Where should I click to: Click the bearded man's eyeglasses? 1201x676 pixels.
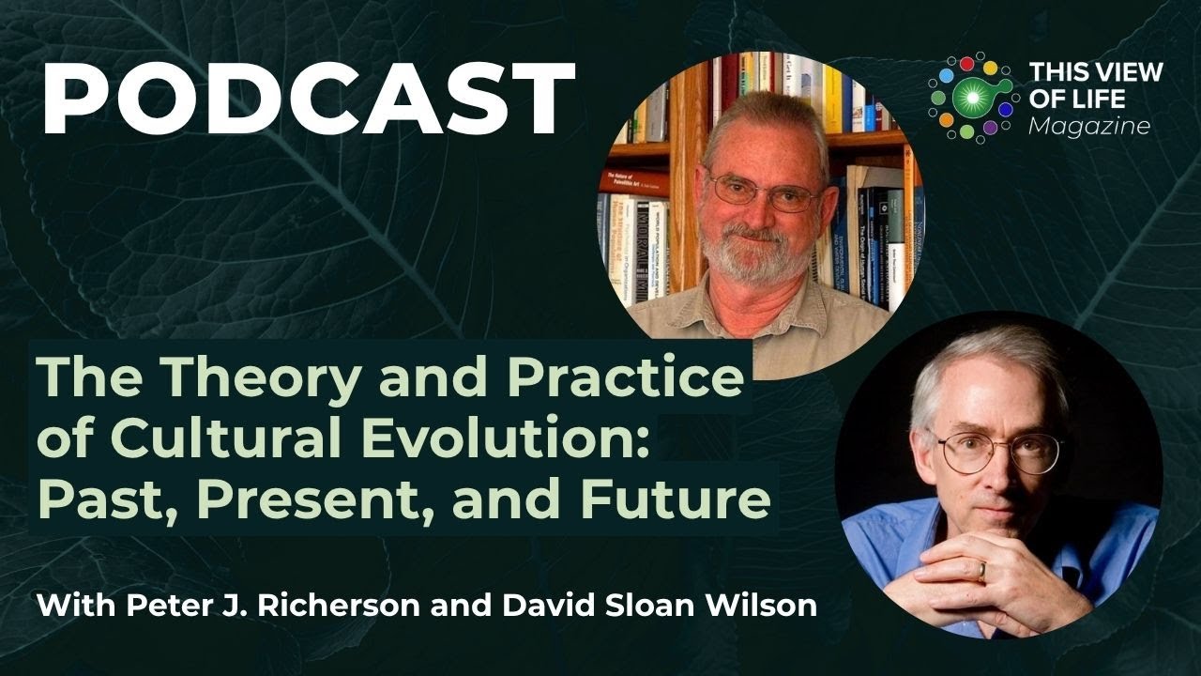(x=763, y=192)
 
